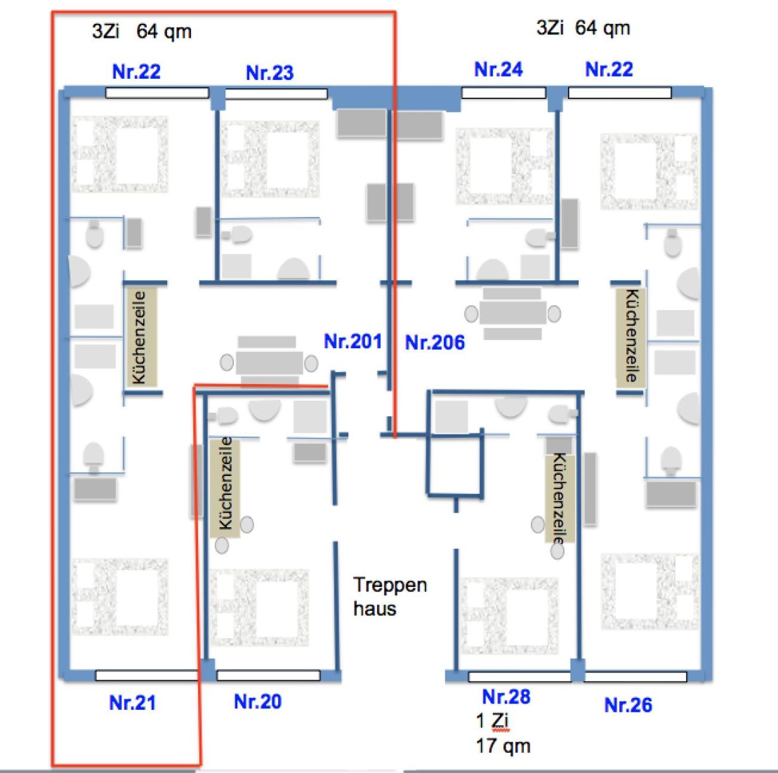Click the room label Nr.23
point(270,73)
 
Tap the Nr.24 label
point(498,69)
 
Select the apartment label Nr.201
point(353,341)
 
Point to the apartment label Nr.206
point(434,342)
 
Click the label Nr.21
point(132,703)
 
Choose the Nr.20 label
point(258,701)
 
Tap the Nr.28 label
point(506,696)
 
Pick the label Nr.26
point(628,705)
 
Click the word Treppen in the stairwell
point(390,585)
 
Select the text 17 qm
point(503,746)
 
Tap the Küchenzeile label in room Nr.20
point(225,484)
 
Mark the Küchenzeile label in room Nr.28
point(560,498)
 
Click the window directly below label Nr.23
point(276,94)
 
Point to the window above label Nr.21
point(146,675)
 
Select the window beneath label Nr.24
point(504,93)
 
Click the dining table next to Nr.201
point(269,362)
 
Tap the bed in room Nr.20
point(260,607)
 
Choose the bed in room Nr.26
point(650,592)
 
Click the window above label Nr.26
point(635,676)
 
